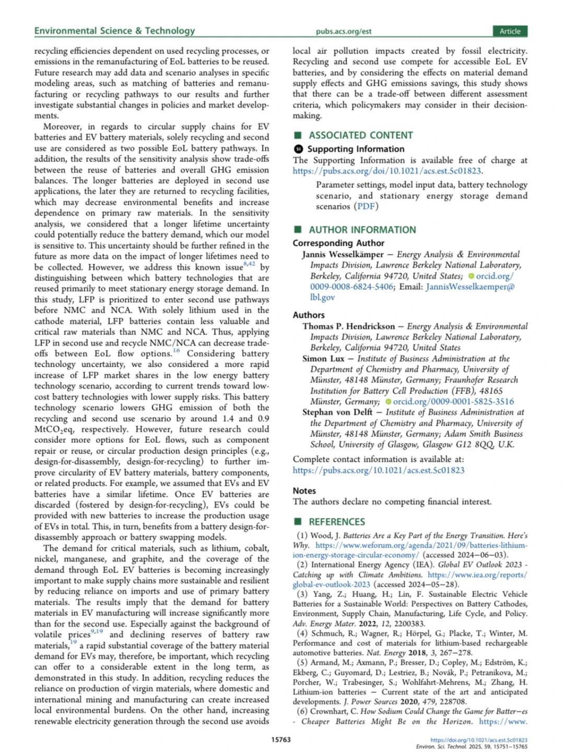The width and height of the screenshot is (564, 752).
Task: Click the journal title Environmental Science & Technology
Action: point(114,31)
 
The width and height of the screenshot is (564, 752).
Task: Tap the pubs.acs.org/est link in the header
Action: point(343,31)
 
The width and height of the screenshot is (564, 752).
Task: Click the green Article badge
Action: point(510,31)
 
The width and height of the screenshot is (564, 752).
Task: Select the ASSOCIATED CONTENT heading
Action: point(360,135)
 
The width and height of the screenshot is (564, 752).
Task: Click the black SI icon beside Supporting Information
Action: point(299,149)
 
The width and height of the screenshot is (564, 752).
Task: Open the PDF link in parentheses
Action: point(366,206)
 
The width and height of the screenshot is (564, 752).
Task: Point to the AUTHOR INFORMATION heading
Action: point(362,230)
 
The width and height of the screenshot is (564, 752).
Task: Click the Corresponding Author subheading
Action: point(338,243)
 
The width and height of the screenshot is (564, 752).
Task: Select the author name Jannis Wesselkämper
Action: point(343,254)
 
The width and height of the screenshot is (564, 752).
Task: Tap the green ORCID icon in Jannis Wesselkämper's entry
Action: point(472,276)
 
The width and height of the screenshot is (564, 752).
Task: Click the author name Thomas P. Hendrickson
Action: point(348,326)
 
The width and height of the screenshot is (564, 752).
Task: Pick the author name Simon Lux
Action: point(323,359)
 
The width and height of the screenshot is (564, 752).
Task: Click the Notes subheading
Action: point(304,491)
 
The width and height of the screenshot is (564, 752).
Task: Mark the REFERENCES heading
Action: point(336,522)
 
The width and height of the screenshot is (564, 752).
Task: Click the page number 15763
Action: point(281,739)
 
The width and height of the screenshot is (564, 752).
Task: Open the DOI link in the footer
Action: point(478,740)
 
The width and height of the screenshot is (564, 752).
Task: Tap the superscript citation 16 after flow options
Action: point(177,350)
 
